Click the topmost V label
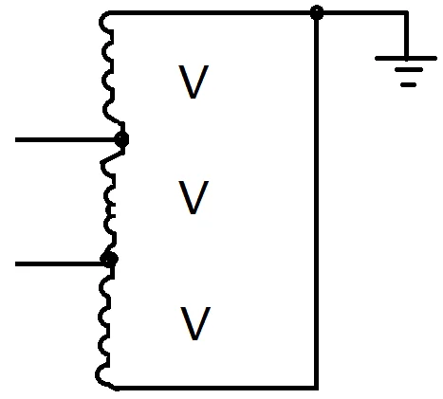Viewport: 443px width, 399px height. (194, 82)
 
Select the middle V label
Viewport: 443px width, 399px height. (194, 199)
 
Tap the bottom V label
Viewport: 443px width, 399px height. (194, 324)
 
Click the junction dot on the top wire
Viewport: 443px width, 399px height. (317, 12)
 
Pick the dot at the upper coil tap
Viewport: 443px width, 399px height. (120, 140)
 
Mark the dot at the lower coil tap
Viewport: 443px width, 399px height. (110, 258)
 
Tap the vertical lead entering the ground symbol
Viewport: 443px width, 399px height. (408, 35)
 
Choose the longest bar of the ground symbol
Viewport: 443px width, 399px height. (406, 58)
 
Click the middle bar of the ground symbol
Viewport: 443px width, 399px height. (407, 71)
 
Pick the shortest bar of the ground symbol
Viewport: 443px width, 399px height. (408, 84)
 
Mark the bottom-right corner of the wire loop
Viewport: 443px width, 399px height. (317, 387)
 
